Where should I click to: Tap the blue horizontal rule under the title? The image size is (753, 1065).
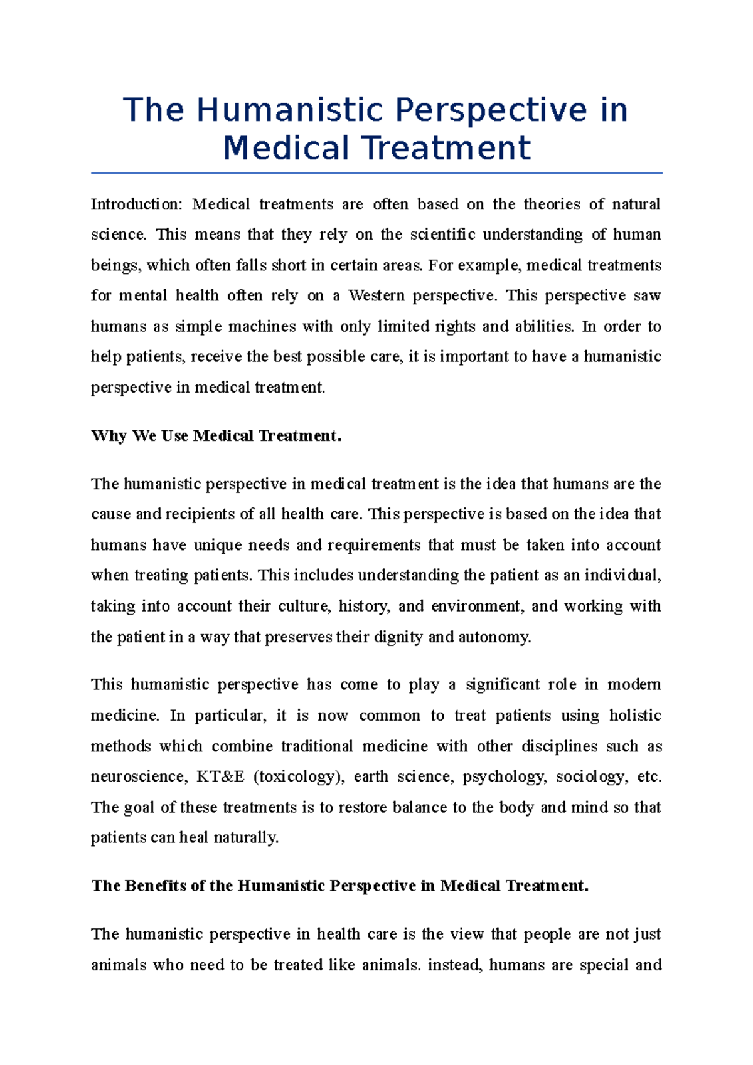pos(376,172)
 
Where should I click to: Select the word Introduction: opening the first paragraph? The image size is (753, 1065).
pos(136,204)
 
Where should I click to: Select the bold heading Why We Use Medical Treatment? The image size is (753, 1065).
pos(216,436)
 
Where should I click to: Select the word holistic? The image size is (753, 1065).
pos(635,716)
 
